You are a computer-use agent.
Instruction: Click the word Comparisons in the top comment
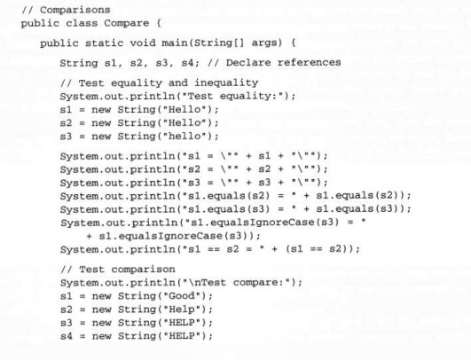pos(75,11)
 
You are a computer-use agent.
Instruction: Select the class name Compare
pos(127,23)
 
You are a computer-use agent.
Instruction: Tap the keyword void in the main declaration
pos(143,43)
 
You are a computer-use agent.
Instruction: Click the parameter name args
pos(264,43)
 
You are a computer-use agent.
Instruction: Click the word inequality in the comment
pos(226,83)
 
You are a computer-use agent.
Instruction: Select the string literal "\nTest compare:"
pos(238,283)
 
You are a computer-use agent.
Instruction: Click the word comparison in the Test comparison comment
pos(143,270)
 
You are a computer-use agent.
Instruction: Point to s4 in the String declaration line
pos(188,63)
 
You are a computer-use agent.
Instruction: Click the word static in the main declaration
pos(105,43)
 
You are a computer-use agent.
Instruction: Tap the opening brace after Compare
pos(159,23)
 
